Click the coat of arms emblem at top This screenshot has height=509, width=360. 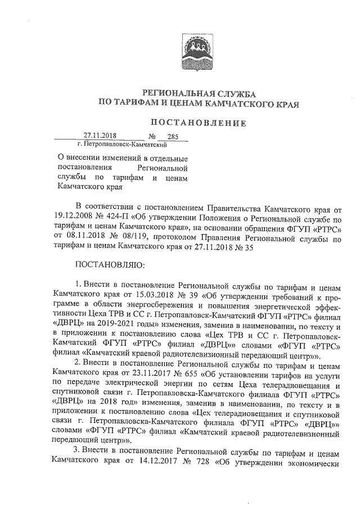click(x=196, y=51)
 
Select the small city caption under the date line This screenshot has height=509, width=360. click(x=110, y=144)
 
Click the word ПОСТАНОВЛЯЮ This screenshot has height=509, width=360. click(x=110, y=263)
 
